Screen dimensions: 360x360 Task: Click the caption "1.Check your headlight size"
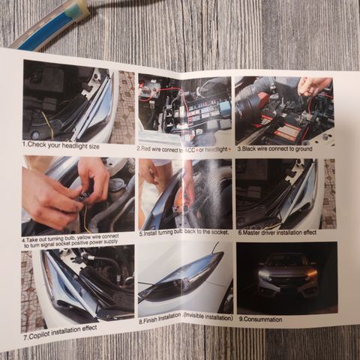tap(61, 145)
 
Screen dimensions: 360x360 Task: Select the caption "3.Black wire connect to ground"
tap(274, 148)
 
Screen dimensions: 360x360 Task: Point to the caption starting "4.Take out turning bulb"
tap(70, 241)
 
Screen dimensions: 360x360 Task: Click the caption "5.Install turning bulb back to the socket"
tap(184, 232)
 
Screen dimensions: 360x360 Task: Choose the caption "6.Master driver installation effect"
tap(277, 232)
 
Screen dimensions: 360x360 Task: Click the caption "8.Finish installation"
tap(186, 319)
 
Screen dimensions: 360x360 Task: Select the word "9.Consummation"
tap(260, 319)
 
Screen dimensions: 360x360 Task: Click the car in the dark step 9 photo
tap(287, 276)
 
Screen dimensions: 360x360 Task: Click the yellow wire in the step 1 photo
tap(49, 125)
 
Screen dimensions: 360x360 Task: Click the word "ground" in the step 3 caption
tap(303, 149)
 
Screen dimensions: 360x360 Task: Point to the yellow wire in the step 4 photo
tap(86, 217)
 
